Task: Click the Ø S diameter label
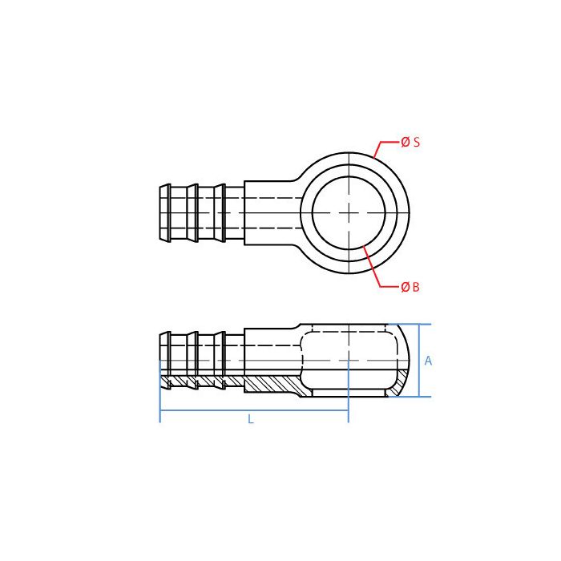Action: (x=410, y=143)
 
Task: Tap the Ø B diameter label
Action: (x=410, y=287)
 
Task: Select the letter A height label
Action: (x=428, y=361)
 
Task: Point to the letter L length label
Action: (x=250, y=419)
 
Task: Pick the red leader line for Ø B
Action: (x=373, y=268)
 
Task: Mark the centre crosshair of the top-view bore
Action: (x=349, y=212)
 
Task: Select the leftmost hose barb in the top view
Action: (x=165, y=212)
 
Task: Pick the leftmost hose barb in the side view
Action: (x=165, y=361)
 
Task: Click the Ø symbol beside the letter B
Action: (x=405, y=287)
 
